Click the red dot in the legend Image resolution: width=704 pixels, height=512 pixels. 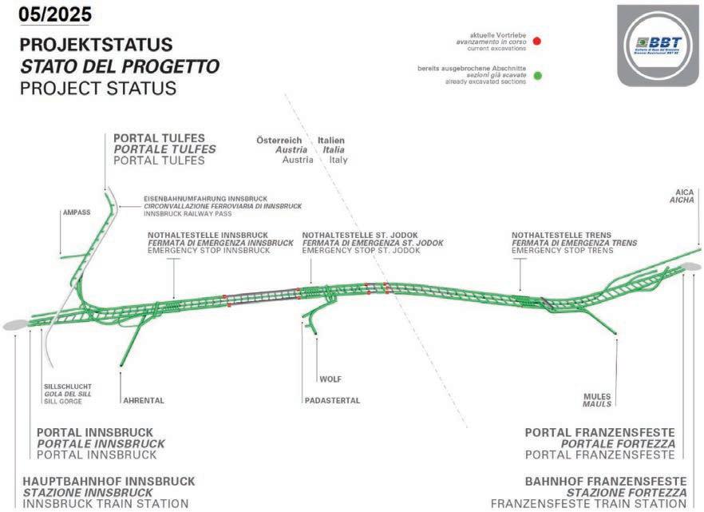(538, 41)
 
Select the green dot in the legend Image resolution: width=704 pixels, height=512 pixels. (538, 76)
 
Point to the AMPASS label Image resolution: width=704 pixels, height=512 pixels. (76, 213)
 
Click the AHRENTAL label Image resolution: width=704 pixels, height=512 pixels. (143, 400)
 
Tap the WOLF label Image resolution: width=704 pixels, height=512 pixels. (330, 379)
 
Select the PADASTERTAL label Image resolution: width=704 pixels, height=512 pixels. (331, 400)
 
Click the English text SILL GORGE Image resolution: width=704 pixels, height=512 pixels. (62, 401)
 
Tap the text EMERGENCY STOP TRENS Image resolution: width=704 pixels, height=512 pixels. (563, 251)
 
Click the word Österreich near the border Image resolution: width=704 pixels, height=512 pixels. (282, 140)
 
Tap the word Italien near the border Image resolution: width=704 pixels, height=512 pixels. (331, 140)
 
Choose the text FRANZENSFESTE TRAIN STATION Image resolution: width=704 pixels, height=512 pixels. (588, 504)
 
